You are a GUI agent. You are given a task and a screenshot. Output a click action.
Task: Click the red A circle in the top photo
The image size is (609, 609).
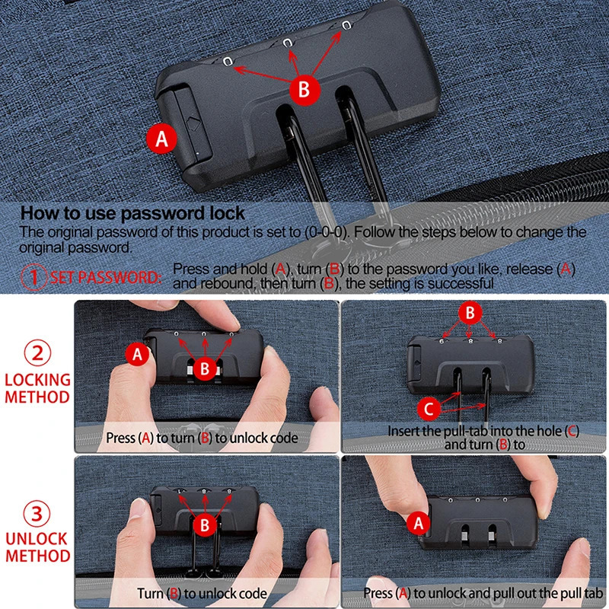pos(161,139)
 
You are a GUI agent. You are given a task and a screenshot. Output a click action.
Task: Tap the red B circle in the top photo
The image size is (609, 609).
pos(303,89)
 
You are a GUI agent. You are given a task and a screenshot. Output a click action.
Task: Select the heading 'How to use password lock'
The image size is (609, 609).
pos(132,213)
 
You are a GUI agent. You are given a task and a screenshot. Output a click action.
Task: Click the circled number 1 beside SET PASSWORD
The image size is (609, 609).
pos(35,278)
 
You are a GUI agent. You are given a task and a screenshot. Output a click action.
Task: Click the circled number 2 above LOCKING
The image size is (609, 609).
pos(37,352)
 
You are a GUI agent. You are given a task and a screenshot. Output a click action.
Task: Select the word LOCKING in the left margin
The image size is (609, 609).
pos(37,379)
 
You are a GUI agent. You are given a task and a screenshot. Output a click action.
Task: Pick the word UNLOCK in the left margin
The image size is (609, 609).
pos(37,538)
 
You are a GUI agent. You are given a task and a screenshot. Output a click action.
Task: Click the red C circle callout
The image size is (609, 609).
pos(429,410)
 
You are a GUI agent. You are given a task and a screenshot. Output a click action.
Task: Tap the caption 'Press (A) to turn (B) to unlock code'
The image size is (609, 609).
pos(202,438)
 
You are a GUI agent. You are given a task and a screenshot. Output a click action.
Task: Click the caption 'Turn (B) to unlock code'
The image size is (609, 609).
pos(202,594)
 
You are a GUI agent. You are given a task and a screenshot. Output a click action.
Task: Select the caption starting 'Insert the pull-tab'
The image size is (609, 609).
pos(483,437)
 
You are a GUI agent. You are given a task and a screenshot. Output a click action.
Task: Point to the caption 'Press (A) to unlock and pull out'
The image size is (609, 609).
pos(483,594)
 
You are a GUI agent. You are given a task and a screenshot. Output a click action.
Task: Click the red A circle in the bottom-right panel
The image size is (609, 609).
pos(416,523)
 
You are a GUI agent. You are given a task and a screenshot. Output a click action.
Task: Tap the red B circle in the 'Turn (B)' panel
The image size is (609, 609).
pos(205,525)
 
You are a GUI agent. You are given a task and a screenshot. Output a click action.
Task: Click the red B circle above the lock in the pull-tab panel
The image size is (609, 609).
pos(470,312)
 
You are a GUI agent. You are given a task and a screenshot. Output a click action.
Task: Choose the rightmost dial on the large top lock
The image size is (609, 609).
pos(346,26)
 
